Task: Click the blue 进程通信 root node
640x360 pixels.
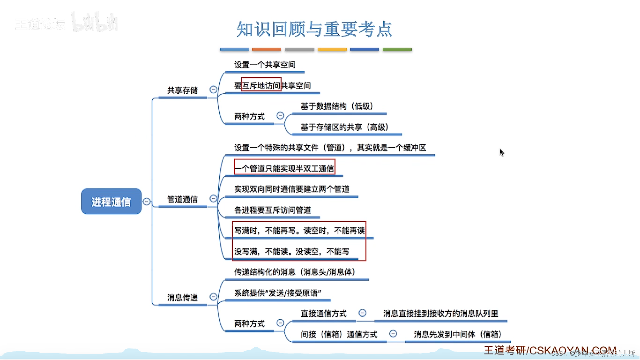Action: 111,201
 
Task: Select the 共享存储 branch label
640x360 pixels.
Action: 182,90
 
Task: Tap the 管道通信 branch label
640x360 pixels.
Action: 182,199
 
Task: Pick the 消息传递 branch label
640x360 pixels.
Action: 182,297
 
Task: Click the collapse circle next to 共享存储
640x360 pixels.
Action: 213,89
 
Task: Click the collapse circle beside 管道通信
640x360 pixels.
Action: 213,199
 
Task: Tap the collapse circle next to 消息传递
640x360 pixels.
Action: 213,297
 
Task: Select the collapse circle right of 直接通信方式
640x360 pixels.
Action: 362,313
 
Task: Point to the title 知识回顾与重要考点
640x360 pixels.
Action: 314,29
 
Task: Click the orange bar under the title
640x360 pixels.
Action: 266,49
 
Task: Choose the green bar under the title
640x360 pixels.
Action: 397,49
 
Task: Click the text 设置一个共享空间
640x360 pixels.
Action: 265,65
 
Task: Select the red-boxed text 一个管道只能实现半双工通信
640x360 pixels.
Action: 285,168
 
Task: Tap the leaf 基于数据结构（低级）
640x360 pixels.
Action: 337,106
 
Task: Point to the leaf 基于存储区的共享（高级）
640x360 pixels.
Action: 344,127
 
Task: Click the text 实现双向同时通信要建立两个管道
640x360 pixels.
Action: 292,189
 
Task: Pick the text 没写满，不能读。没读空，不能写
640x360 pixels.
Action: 291,251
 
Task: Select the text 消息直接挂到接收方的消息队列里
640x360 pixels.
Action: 440,313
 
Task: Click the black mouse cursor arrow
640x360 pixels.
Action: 501,152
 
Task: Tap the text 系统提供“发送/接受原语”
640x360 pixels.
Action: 277,293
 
